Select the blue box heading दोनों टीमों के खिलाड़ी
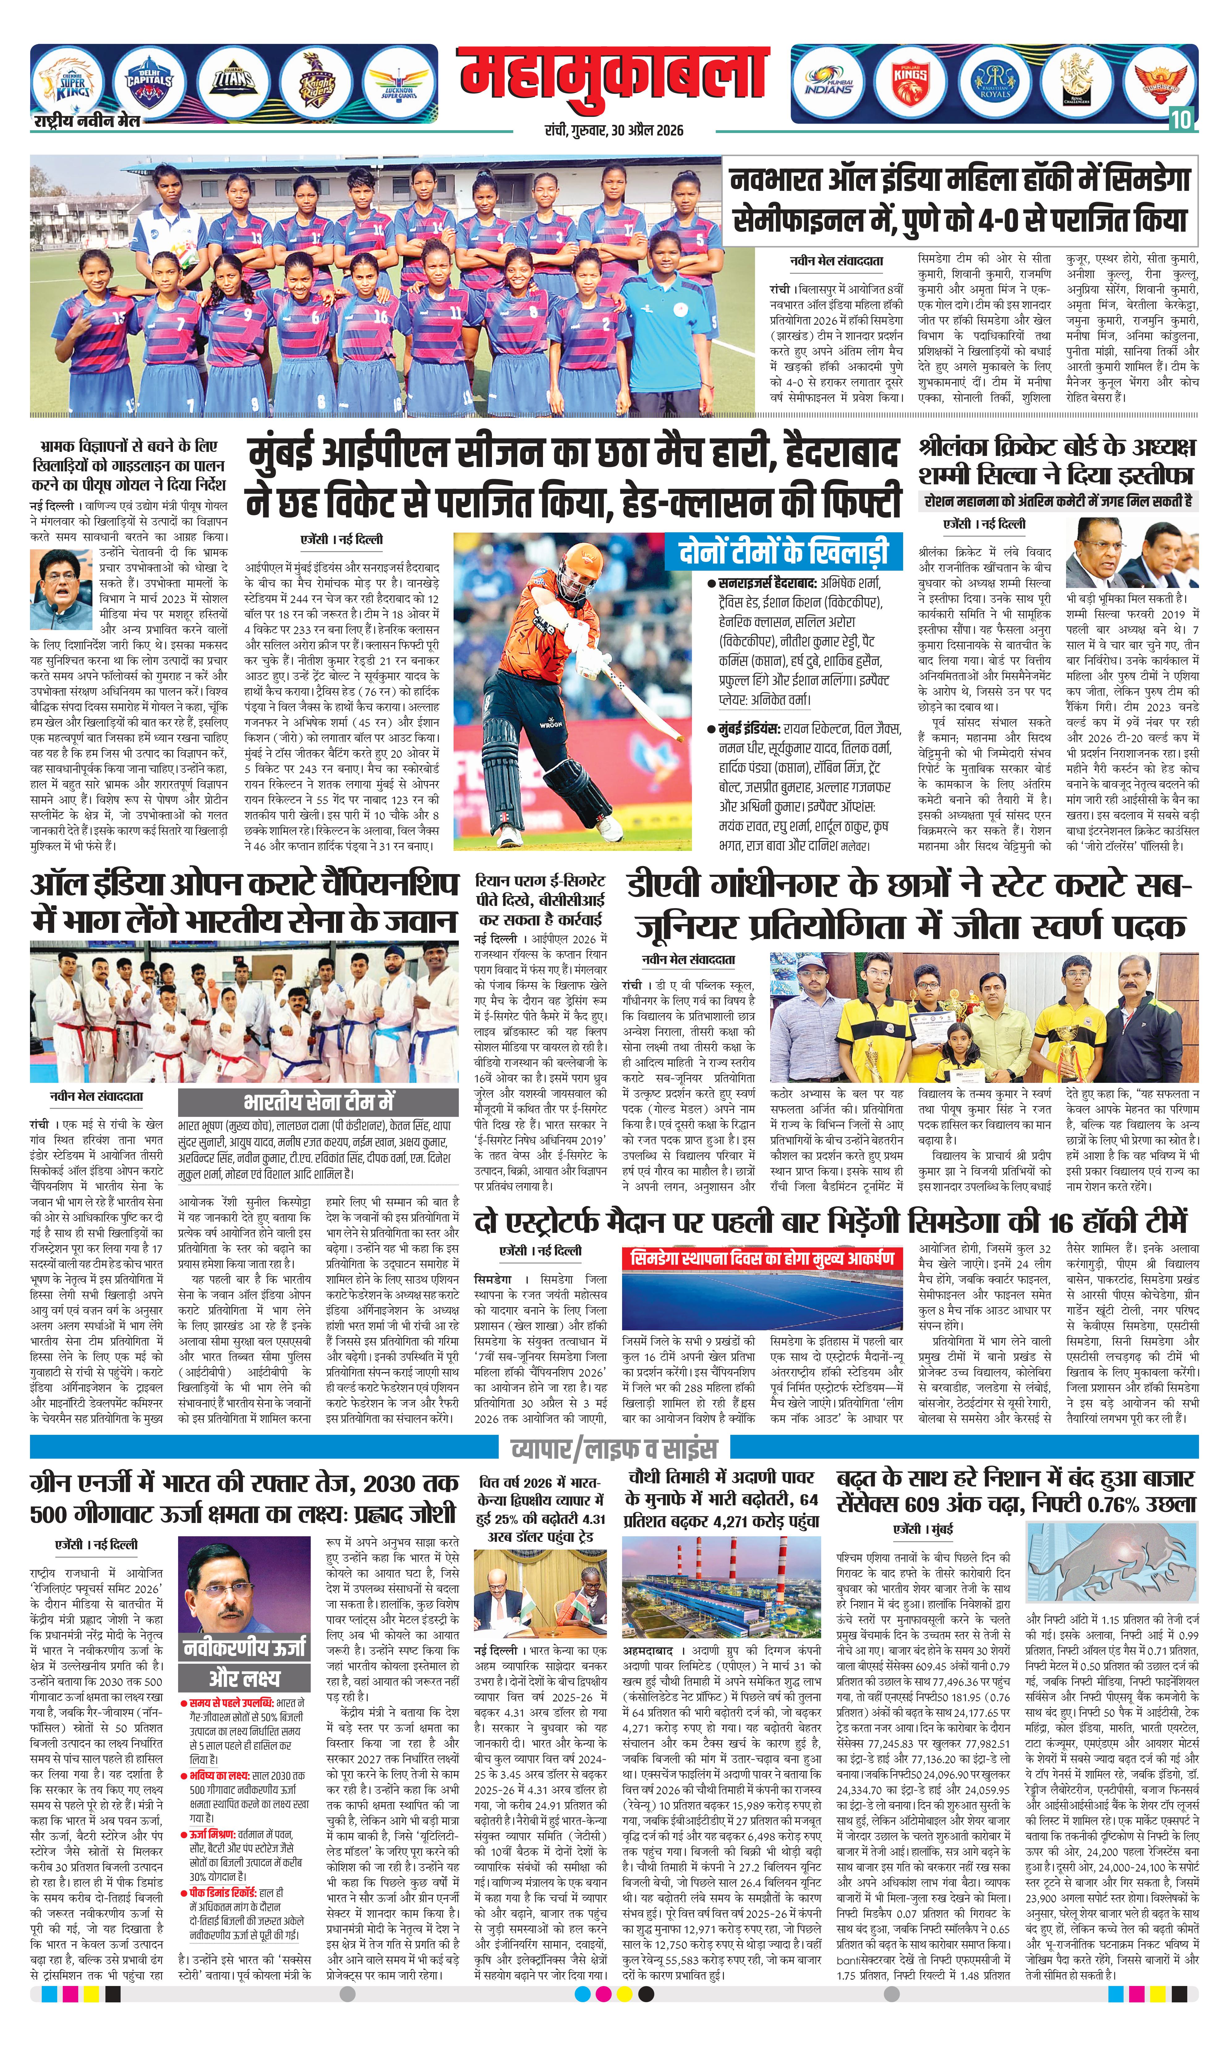coord(783,551)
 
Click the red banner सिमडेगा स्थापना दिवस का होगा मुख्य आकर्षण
coord(762,1258)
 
